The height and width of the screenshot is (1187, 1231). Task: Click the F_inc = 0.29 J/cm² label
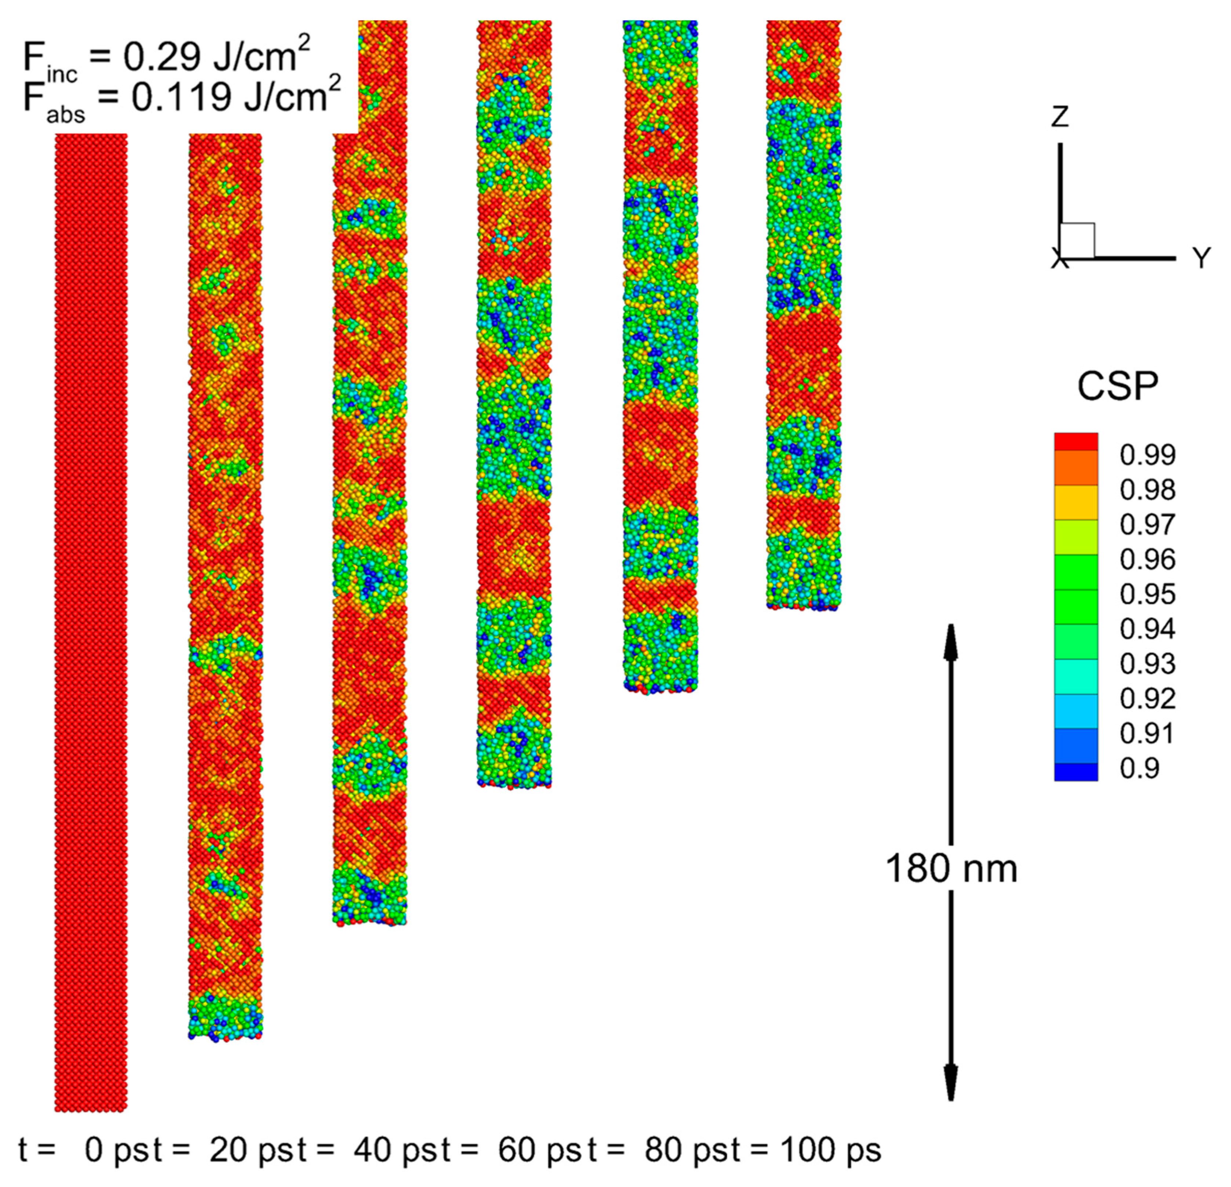click(167, 58)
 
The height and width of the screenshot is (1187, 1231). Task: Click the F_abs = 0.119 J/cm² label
click(182, 99)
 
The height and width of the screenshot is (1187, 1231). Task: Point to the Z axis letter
click(1060, 117)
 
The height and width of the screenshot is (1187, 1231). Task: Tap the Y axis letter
click(1201, 258)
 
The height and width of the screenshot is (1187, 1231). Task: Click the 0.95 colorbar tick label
click(1147, 594)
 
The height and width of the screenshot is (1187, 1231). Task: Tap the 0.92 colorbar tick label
click(1147, 698)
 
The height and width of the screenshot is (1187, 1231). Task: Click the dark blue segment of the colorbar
click(1076, 772)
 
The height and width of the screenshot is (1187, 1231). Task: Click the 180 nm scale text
click(951, 869)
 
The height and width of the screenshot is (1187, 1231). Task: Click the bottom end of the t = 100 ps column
click(803, 606)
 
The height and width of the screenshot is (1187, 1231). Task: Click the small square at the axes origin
click(1077, 241)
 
